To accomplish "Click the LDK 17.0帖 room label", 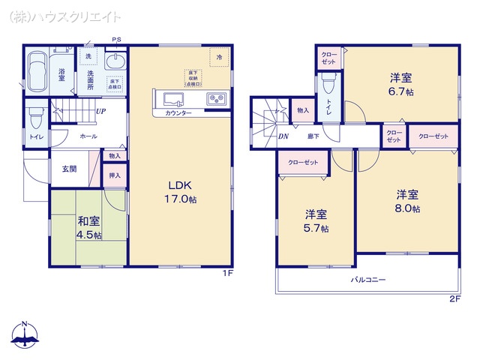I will pos(182,192).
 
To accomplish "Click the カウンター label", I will pos(178,113).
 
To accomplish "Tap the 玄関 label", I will pos(69,169).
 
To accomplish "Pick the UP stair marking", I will pos(100,112).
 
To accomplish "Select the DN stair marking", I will pos(283,136).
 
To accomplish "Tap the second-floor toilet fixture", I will pos(329,87).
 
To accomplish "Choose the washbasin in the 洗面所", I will pos(116,61).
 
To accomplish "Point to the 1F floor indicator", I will pos(227,274).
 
